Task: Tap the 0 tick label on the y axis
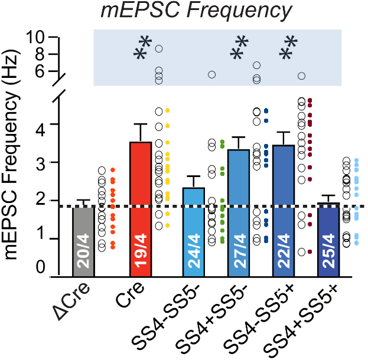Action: pos(40,269)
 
